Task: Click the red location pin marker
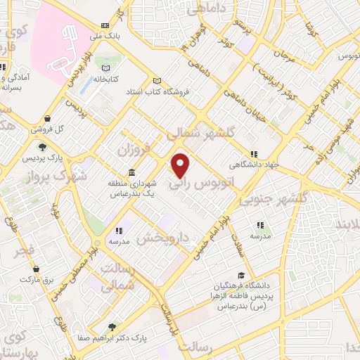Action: (181, 165)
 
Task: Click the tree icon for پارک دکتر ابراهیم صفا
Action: (112, 326)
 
